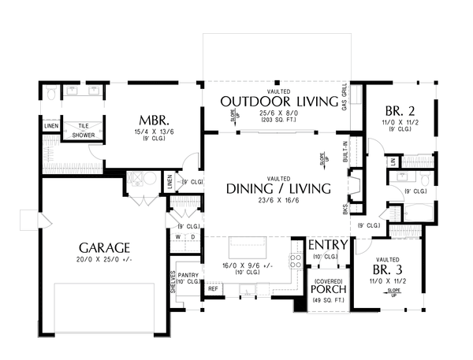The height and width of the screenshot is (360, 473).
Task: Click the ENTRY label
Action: tap(326, 245)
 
